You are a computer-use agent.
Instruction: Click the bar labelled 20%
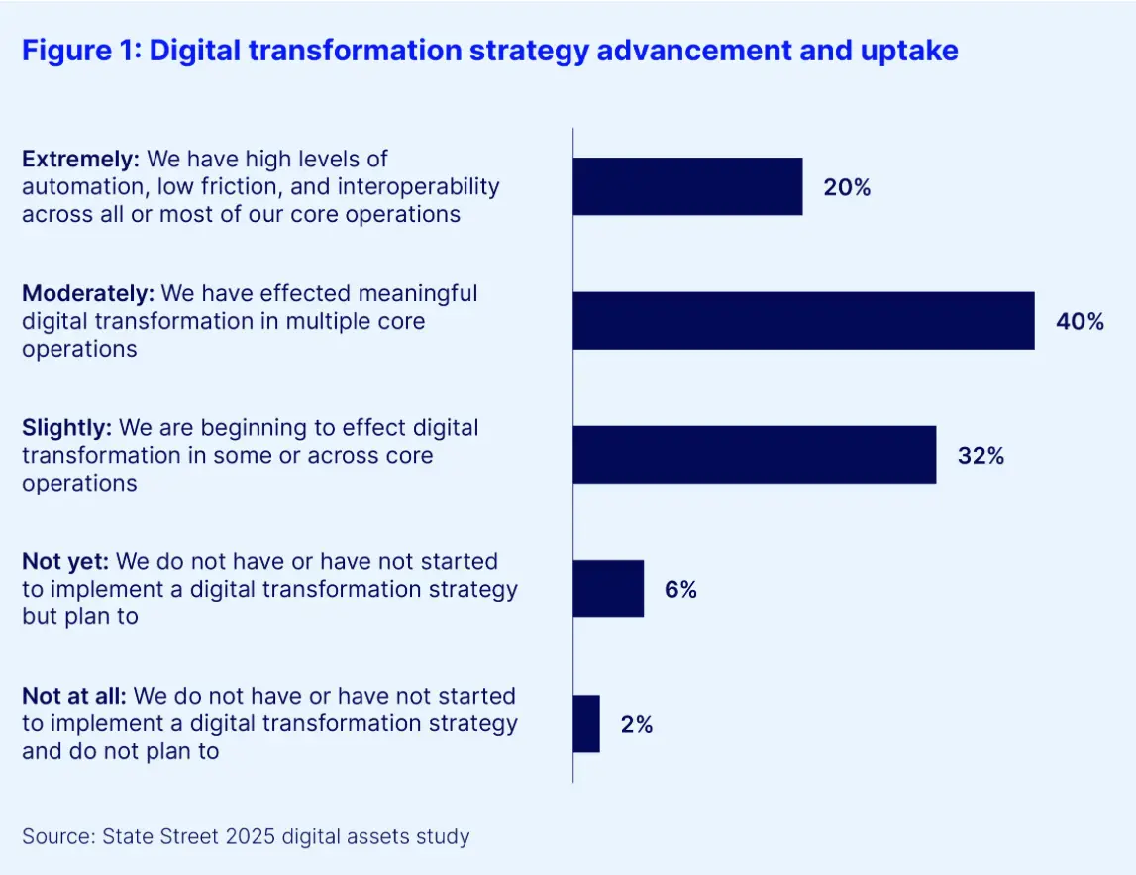coord(687,186)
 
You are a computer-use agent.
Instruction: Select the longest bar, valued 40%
coord(803,321)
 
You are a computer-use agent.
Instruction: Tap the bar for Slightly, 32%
coord(754,455)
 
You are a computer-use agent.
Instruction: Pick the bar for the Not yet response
coord(608,589)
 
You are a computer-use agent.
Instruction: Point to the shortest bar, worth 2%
coord(586,723)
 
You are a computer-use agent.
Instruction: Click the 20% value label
coord(847,187)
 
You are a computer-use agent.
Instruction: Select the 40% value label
coord(1080,321)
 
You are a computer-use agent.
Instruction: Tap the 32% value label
coord(981,456)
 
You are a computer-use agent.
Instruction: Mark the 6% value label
coord(680,590)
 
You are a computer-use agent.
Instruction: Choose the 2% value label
coord(637,724)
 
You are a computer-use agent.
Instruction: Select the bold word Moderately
coord(88,293)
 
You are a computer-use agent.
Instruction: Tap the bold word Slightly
coord(67,428)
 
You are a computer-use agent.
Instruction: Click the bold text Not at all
coord(74,697)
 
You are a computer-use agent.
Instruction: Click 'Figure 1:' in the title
coord(81,52)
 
